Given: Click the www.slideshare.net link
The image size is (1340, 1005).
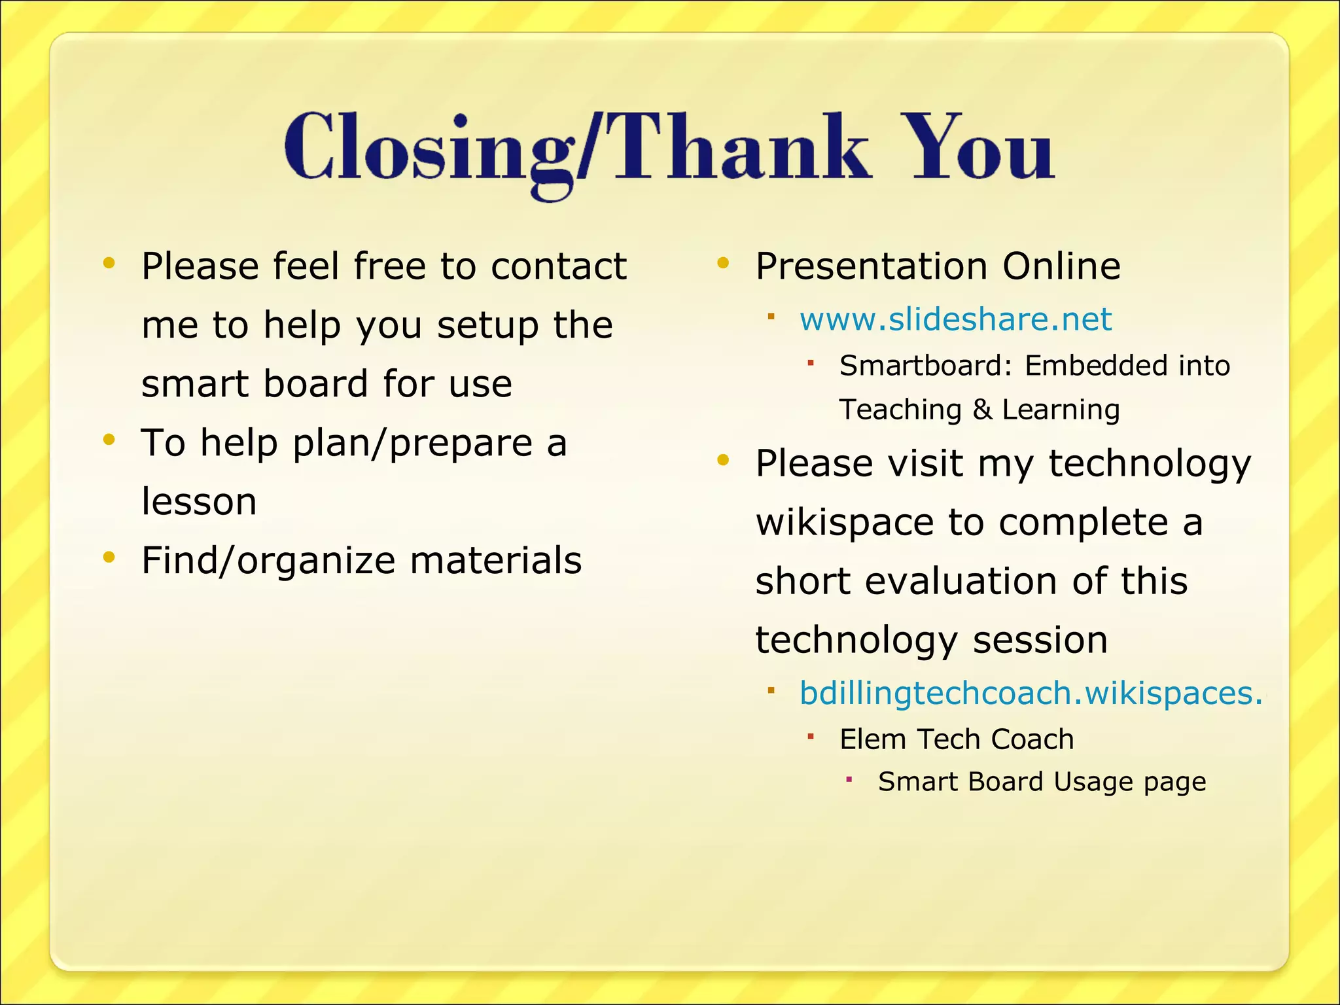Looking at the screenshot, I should coord(955,319).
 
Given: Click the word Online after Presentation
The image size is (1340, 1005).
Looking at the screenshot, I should coord(1061,266).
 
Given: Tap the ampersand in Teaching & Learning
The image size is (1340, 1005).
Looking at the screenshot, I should coord(981,410).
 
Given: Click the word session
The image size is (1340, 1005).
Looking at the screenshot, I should coord(1040,640).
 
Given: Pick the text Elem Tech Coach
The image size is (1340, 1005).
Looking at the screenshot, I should coord(957,739).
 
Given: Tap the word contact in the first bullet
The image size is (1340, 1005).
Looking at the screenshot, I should coord(559,266).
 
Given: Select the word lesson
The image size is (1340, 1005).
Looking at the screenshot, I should coord(199,502).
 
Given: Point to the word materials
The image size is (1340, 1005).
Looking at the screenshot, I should coord(495,561).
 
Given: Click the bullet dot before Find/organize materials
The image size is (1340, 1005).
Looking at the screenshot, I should coord(109,557).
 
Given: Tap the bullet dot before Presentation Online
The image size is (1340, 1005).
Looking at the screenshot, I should coord(723,263).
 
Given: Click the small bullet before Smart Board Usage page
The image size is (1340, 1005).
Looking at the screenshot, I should coord(849,779).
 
